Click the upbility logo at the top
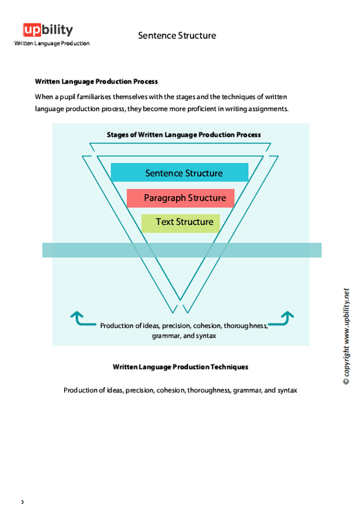click(x=48, y=30)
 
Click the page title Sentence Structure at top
click(x=177, y=35)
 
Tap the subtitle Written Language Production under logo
click(x=52, y=44)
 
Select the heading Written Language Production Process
click(x=96, y=82)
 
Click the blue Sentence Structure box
click(x=179, y=173)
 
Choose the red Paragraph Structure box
click(x=181, y=198)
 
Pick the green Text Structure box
click(x=181, y=222)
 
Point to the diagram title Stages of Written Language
click(x=183, y=135)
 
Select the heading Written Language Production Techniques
click(x=181, y=367)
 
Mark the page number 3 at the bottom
click(x=22, y=502)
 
